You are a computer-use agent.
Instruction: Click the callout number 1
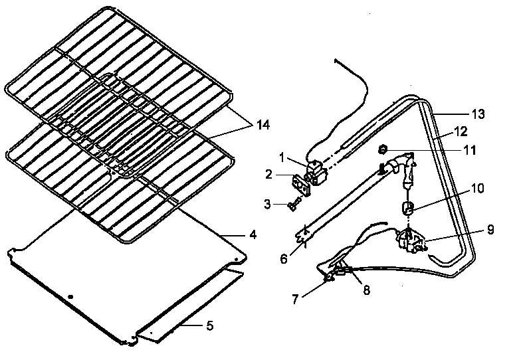pos(282,158)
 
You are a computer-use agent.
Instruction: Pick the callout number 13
pos(478,114)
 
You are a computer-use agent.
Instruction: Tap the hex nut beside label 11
pos(383,149)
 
